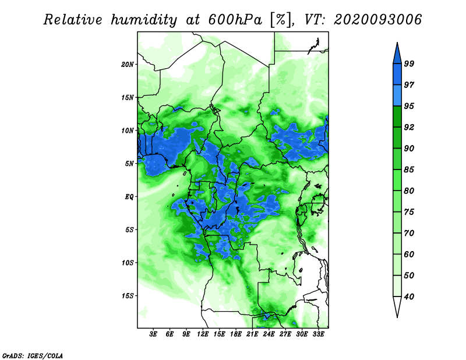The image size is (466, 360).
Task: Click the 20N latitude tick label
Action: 128,64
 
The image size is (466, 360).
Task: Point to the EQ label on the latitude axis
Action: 129,196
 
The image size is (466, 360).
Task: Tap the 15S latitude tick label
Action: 128,296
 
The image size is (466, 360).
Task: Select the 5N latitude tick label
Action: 129,164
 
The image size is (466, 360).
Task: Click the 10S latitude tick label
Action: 128,263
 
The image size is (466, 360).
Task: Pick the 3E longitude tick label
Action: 153,334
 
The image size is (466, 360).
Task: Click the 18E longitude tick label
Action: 236,334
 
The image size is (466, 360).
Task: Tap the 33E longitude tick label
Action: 318,334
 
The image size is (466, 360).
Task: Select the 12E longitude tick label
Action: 203,334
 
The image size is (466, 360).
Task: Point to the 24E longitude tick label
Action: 269,334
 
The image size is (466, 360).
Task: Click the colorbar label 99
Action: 409,63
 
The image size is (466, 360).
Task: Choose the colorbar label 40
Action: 409,297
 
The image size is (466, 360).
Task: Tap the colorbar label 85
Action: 409,170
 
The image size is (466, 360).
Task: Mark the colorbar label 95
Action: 409,106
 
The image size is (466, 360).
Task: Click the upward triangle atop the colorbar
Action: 397,54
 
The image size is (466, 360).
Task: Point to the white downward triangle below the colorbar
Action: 397,306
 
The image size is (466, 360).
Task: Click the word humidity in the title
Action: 144,20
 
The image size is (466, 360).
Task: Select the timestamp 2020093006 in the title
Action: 377,20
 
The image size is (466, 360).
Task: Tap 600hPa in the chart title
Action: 235,20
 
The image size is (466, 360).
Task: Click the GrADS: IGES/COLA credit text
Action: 33,355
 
